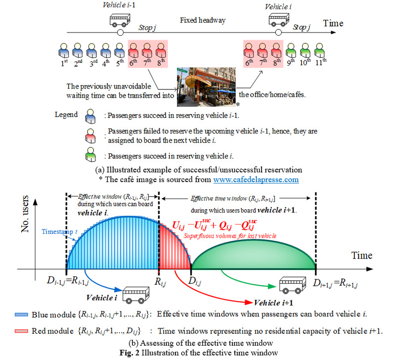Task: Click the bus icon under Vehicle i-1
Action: click(x=119, y=19)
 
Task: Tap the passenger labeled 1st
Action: click(x=63, y=50)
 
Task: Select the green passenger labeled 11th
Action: click(x=322, y=50)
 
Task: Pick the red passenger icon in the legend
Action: click(x=91, y=135)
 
